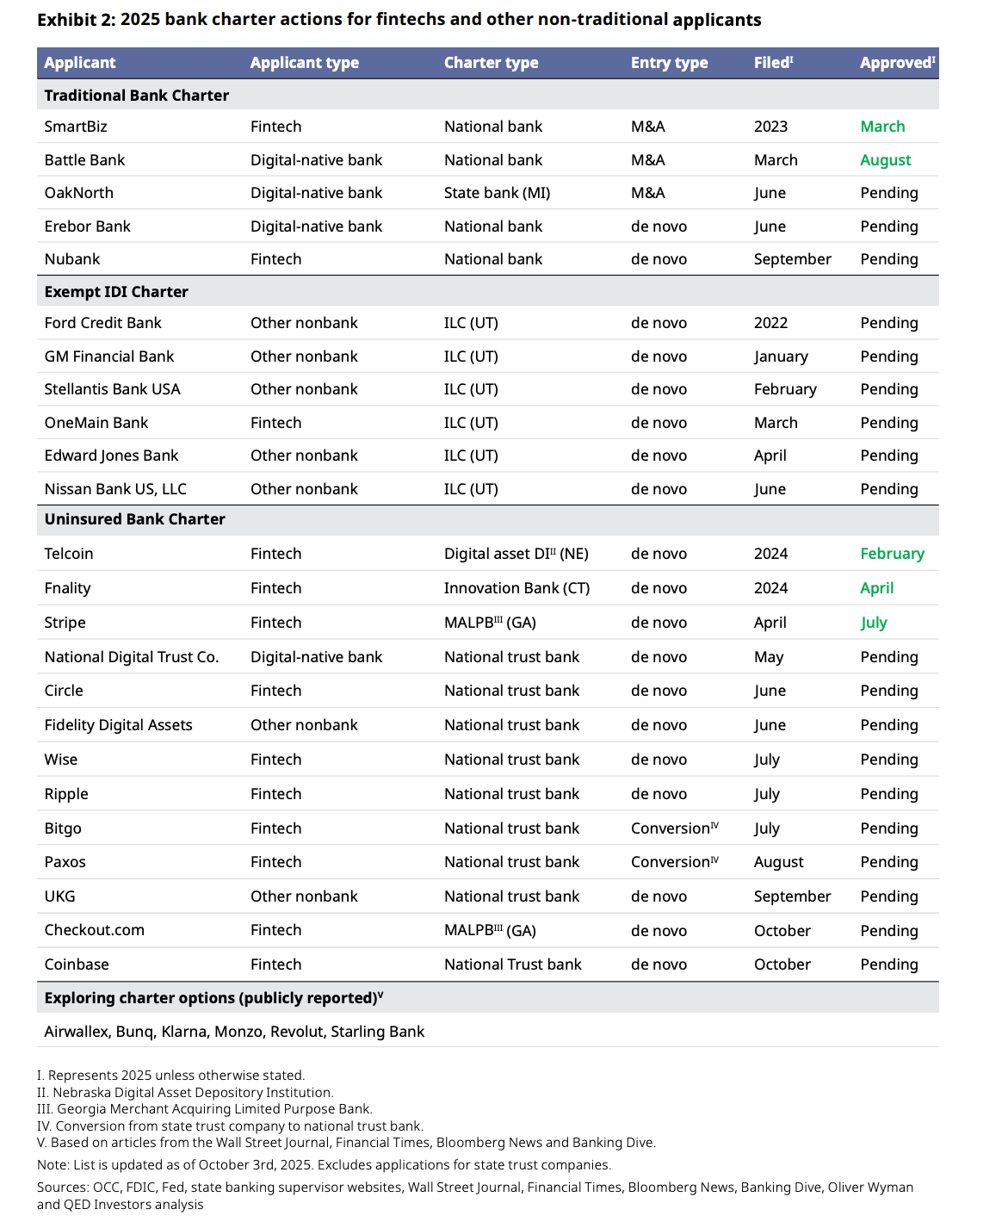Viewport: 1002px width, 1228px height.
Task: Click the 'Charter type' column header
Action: [491, 63]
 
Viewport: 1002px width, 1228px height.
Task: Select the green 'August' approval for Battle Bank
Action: [885, 160]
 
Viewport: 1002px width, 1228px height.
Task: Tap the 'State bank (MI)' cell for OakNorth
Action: [497, 193]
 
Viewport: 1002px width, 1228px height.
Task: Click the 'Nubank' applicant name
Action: [72, 259]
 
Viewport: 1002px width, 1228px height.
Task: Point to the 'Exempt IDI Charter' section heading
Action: [116, 292]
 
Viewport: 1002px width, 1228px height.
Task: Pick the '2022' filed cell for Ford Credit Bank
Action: [770, 323]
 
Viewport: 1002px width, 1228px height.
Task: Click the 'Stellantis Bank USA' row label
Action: [112, 389]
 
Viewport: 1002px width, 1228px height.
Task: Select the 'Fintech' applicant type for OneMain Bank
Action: [275, 423]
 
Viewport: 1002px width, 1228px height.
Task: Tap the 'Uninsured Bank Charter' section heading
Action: [134, 519]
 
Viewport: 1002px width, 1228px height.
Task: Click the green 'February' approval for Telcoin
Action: [892, 554]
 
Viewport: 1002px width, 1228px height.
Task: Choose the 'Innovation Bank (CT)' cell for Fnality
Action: [516, 588]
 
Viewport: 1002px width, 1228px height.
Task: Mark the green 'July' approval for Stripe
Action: [873, 623]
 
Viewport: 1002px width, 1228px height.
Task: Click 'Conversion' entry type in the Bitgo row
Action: [670, 828]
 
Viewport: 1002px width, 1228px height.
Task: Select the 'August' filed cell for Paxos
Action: [778, 862]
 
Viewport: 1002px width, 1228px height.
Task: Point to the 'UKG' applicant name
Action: [59, 896]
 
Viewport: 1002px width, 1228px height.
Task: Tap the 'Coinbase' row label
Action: [77, 964]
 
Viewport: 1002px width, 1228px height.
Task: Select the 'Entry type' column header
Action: [669, 63]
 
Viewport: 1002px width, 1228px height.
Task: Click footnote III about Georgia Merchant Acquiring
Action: [205, 1109]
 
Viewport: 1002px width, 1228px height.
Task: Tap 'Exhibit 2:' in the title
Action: [76, 20]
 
